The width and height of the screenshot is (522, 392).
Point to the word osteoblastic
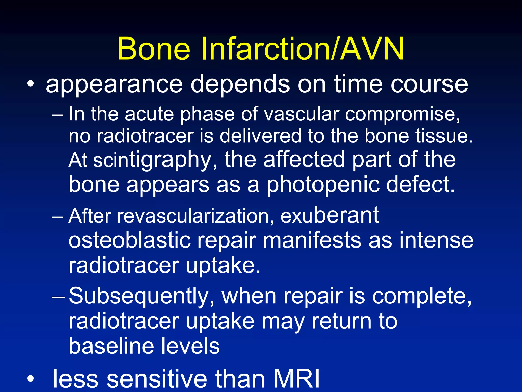coord(129,240)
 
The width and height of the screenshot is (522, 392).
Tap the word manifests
coord(311,240)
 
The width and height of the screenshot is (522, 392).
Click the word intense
coord(436,240)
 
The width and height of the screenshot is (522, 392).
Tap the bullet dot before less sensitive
coord(30,379)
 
